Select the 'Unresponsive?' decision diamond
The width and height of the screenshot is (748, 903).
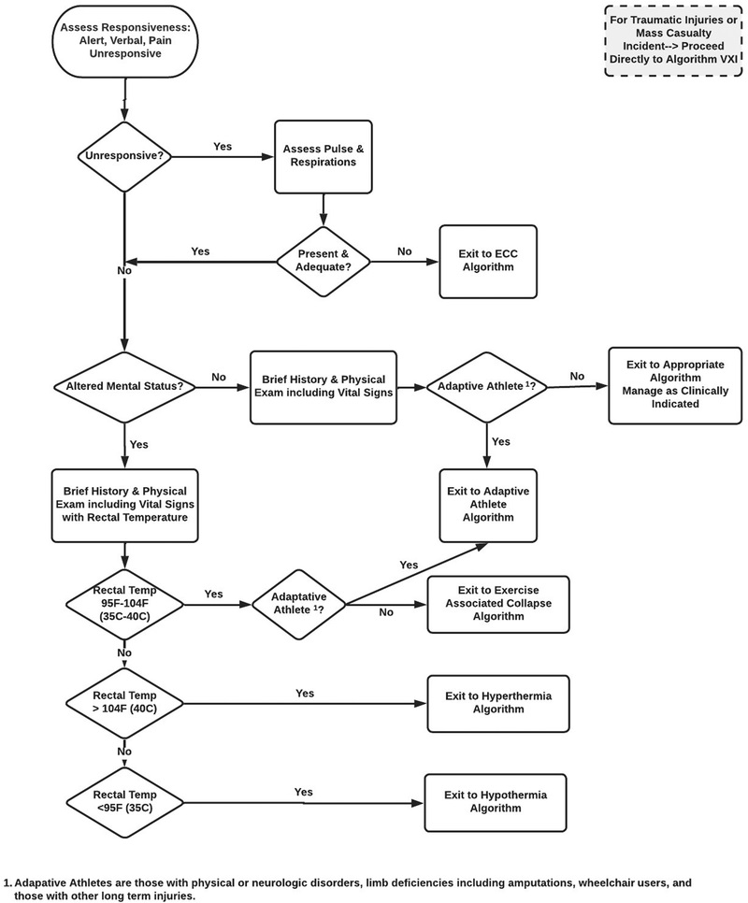123,157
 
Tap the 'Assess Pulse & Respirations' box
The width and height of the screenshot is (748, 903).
323,156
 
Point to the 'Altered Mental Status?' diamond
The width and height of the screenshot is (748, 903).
123,386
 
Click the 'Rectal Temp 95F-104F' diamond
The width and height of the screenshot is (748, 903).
123,604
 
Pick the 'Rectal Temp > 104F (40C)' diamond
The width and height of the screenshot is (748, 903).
123,703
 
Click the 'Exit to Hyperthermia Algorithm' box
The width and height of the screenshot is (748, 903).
496,703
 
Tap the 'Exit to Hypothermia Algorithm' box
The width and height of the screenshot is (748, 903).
496,802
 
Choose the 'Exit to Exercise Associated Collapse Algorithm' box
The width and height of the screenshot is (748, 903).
496,605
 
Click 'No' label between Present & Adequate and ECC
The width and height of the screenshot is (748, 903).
404,251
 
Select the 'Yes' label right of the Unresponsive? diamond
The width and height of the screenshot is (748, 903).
223,147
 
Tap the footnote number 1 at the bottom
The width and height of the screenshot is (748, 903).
7,881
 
